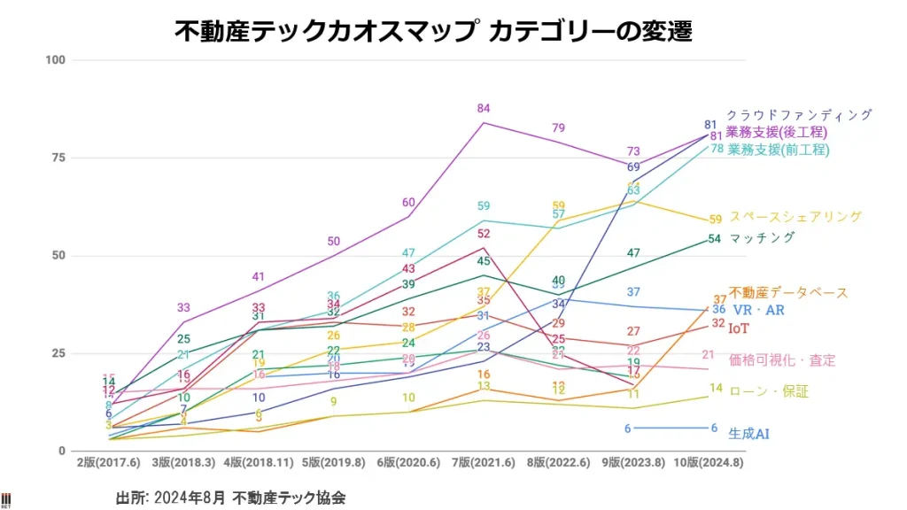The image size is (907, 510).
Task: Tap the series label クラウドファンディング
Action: (799, 115)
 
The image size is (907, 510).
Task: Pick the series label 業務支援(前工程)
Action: (778, 150)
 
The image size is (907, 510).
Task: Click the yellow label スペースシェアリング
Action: (795, 217)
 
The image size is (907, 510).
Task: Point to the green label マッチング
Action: (762, 237)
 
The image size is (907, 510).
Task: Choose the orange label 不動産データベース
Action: (789, 292)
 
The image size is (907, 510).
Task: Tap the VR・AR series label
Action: (758, 310)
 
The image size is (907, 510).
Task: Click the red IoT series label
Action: (739, 328)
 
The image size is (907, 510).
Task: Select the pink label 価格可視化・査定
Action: (781, 359)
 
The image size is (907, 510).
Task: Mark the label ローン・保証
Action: (769, 391)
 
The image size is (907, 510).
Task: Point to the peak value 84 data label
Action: (484, 109)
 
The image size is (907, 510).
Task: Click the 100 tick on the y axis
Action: (56, 60)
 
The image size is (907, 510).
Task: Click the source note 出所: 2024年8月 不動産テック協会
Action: (230, 498)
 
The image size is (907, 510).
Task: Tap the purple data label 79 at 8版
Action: (558, 127)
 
